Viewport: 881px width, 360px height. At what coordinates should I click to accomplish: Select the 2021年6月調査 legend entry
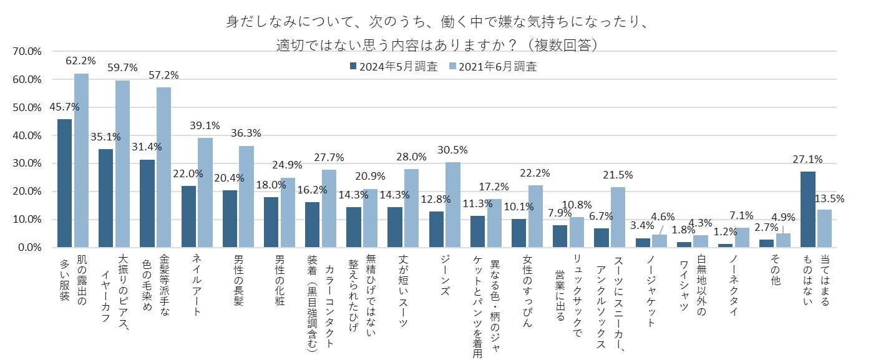[x=493, y=67]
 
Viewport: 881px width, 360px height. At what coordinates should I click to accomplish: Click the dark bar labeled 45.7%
[x=64, y=183]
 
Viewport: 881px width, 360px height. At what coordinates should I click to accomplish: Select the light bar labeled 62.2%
[x=81, y=160]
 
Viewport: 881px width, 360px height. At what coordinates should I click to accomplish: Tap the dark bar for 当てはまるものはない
[x=808, y=209]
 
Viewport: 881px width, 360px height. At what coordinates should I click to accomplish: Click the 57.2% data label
[x=163, y=75]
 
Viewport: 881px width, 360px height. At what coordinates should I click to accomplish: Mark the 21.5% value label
[x=618, y=175]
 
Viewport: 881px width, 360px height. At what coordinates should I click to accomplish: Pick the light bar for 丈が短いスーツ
[x=412, y=208]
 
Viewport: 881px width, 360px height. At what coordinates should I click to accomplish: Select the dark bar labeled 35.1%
[x=105, y=198]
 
